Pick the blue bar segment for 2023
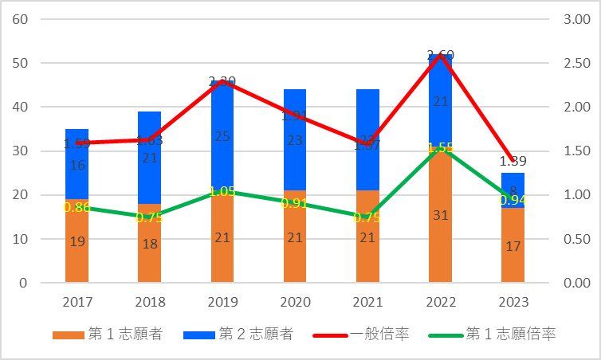click(513, 182)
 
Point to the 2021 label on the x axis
click(367, 303)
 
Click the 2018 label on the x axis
click(150, 303)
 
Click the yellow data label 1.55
click(440, 148)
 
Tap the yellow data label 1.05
click(222, 192)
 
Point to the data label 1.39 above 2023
click(513, 162)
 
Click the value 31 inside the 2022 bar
click(440, 238)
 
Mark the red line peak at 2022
click(440, 55)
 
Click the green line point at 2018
click(150, 217)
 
